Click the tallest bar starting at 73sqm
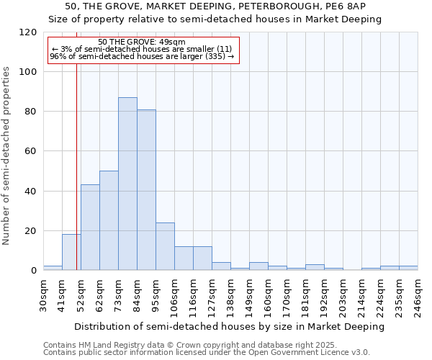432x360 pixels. coord(127,184)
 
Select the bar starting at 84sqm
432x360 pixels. coord(146,190)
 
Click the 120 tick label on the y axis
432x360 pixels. coord(28,32)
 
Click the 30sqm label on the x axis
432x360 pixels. coord(44,294)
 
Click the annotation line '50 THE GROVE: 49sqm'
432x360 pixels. coord(142,42)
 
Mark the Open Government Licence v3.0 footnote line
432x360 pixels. coord(206,352)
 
